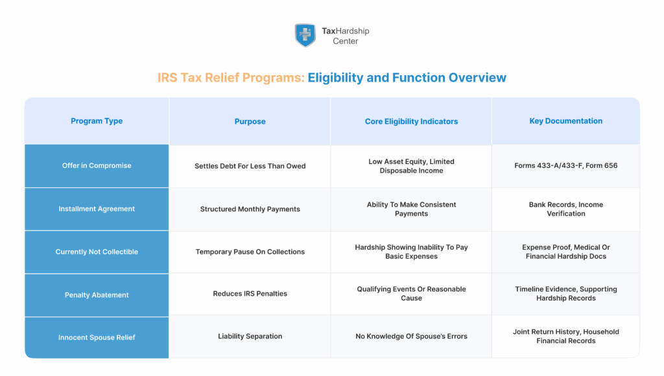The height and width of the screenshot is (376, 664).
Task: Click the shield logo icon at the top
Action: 305,35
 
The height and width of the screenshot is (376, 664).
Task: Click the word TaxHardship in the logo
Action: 345,30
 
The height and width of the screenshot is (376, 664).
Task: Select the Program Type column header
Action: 97,121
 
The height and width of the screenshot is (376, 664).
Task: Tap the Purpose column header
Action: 250,121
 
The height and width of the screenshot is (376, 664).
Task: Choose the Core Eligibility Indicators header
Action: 411,121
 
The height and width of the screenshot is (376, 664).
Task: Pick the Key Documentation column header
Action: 565,121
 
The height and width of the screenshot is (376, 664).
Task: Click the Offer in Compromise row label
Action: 97,166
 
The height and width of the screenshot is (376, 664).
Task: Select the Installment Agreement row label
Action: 97,209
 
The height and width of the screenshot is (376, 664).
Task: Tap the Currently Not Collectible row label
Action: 97,252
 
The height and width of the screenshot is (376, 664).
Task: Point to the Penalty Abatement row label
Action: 97,295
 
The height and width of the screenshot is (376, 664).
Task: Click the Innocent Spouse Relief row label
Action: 97,338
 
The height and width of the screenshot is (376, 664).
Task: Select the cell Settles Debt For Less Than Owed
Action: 250,166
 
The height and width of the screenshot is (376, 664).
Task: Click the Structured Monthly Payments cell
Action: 250,209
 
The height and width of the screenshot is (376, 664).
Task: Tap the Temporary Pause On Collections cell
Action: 250,252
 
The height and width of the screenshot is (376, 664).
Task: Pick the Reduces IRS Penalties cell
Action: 250,294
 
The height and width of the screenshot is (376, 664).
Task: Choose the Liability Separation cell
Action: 250,336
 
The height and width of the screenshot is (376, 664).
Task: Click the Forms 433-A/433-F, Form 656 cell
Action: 565,166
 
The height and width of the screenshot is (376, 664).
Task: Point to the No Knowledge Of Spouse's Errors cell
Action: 411,336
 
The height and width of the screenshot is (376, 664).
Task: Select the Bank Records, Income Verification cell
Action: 565,209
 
